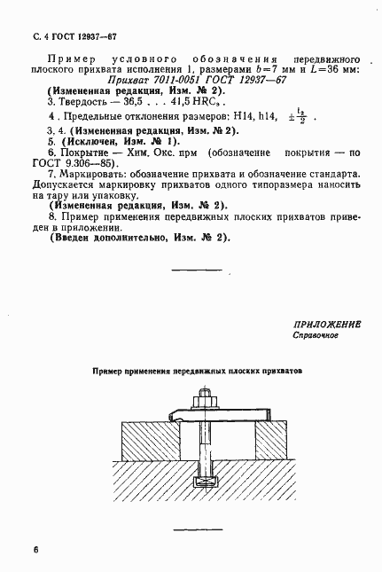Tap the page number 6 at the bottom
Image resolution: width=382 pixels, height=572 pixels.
click(x=35, y=549)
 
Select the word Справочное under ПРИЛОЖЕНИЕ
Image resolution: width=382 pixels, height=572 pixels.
click(x=314, y=337)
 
